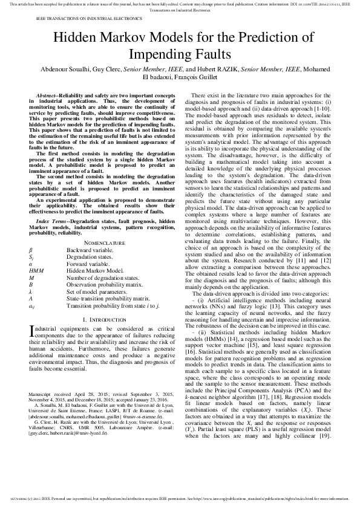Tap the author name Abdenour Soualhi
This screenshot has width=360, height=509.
[65, 70]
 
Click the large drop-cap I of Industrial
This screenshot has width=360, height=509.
[31, 331]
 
